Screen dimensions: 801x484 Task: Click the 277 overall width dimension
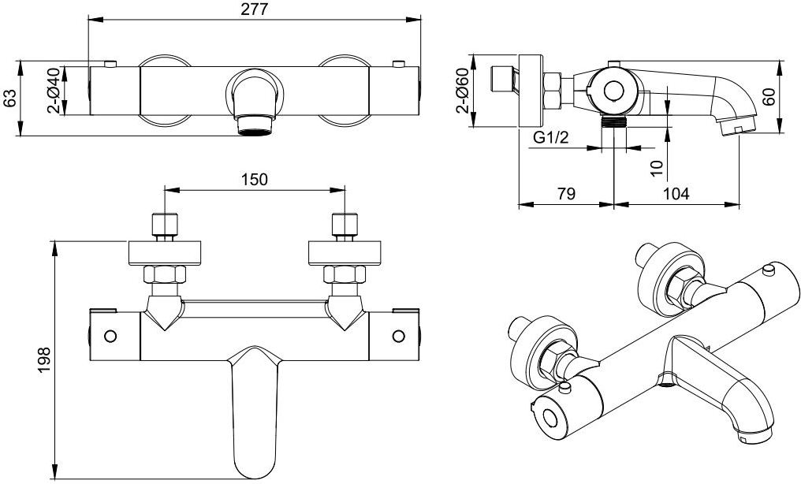[x=255, y=9]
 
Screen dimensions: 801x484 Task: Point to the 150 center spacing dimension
[x=255, y=180]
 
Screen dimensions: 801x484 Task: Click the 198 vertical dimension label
[x=45, y=360]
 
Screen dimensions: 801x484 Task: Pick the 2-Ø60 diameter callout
[x=462, y=90]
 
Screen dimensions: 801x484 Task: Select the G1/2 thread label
[x=550, y=138]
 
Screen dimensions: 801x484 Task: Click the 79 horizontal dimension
[x=565, y=194]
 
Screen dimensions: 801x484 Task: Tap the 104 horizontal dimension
[x=676, y=194]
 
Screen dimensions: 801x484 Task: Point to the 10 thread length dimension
[x=657, y=168]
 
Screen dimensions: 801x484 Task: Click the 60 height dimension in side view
[x=769, y=96]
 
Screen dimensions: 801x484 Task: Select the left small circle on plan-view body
[x=110, y=336]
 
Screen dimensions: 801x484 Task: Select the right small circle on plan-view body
[x=398, y=336]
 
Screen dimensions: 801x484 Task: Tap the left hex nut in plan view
[x=164, y=274]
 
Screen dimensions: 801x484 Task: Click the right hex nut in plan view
[x=345, y=274]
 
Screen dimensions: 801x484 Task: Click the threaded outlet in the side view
[x=613, y=121]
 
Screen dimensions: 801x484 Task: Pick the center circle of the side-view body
[x=613, y=91]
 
